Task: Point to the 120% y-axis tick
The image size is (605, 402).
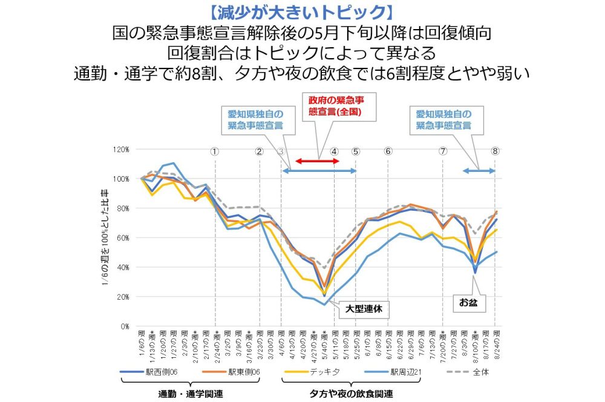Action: click(x=121, y=149)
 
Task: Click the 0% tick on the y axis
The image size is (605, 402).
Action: click(x=123, y=326)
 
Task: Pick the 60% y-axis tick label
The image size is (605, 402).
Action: click(x=122, y=238)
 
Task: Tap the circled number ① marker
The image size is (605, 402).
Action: click(x=215, y=151)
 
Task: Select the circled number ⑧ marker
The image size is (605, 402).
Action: click(x=495, y=151)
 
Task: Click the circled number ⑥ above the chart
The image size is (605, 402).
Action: click(x=388, y=151)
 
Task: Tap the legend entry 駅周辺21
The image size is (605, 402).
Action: click(x=402, y=372)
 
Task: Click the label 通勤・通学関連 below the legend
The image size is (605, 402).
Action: click(x=191, y=394)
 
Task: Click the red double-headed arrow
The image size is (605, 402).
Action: click(x=318, y=161)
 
